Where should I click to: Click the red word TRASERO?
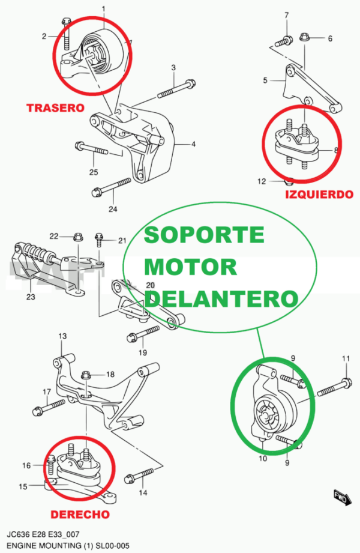click(x=54, y=108)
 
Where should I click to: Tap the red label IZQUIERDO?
click(x=319, y=195)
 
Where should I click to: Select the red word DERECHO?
click(x=80, y=515)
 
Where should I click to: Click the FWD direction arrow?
click(x=341, y=497)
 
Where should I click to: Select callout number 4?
click(x=194, y=144)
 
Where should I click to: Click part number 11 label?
click(x=346, y=359)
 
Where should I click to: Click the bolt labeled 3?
click(x=177, y=89)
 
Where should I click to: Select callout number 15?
click(x=23, y=486)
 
